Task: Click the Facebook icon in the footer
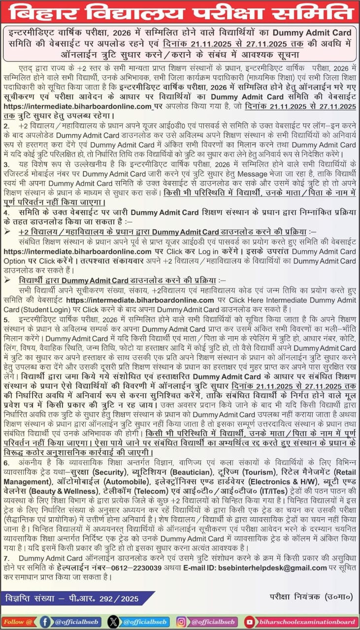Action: (45, 621)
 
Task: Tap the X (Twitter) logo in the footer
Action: (113, 621)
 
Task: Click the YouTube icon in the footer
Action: (250, 621)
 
